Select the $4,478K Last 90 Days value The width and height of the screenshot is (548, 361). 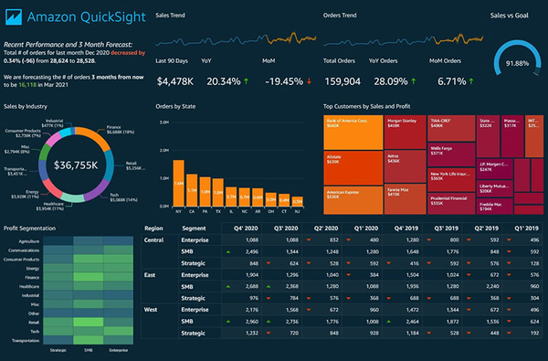coord(175,81)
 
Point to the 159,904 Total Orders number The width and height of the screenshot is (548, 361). coord(344,81)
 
